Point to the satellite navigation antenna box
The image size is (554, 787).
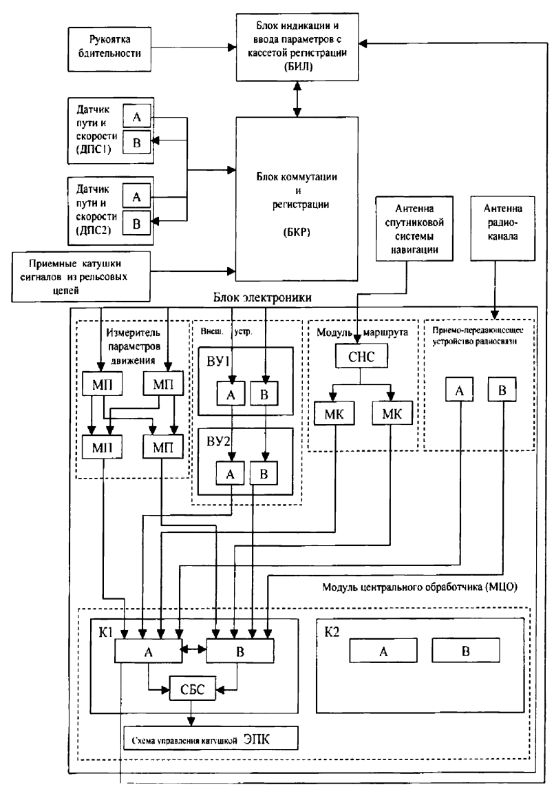click(x=410, y=229)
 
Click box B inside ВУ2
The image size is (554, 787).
click(x=266, y=473)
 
